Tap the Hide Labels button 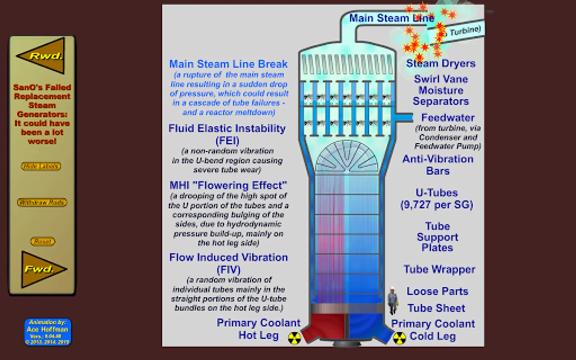(41, 166)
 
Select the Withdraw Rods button (42, 202)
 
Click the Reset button (42, 241)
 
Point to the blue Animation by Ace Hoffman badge (47, 332)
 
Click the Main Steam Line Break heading (228, 64)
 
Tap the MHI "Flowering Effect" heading (228, 186)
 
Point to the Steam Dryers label (440, 63)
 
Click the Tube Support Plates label (437, 237)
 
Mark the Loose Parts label (437, 291)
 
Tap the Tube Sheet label (436, 308)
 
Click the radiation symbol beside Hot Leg (294, 338)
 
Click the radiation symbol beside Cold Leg (399, 338)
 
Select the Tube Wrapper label (439, 269)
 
